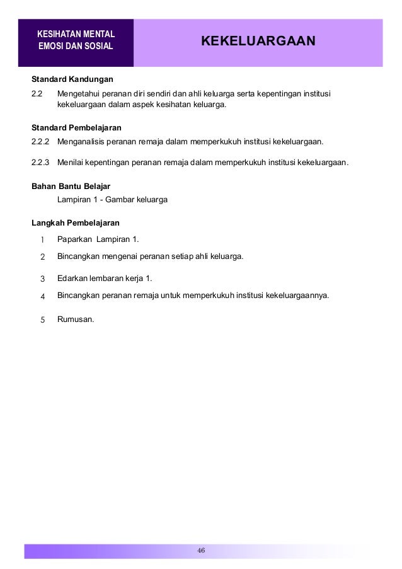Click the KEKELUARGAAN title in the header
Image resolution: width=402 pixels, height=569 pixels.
(258, 42)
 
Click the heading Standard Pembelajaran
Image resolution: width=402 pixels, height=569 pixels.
(76, 127)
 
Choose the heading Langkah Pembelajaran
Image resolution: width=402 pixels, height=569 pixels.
(76, 223)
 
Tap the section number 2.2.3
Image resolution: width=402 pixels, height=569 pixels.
(42, 163)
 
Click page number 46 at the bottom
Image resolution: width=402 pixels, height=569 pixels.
(201, 551)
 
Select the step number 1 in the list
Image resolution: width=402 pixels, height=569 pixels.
(42, 239)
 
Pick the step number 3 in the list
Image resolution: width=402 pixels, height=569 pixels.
(42, 278)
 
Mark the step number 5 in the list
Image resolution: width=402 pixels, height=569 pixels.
(42, 319)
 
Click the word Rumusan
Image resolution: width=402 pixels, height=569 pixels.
(75, 319)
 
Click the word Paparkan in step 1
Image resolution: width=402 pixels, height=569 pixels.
(74, 239)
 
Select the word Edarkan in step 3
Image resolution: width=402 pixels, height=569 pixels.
(72, 278)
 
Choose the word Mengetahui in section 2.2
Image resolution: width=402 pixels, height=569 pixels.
(78, 95)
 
